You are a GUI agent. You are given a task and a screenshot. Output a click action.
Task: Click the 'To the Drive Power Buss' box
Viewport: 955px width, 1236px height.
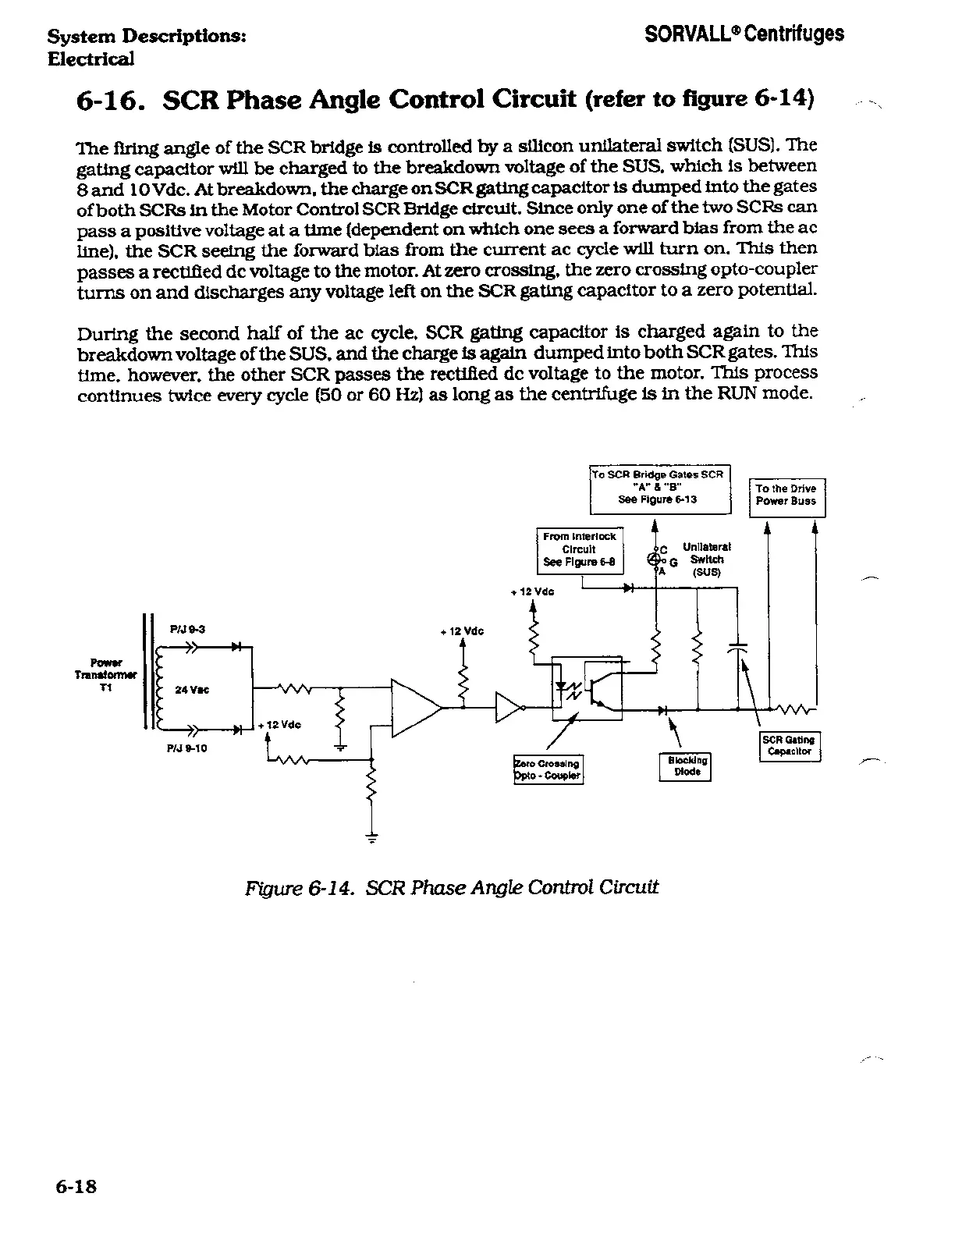click(x=786, y=495)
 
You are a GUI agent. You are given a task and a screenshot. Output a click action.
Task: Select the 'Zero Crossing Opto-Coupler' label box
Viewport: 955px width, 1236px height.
click(x=548, y=769)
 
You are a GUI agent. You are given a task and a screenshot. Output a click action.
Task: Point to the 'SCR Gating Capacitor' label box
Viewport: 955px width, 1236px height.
click(x=790, y=746)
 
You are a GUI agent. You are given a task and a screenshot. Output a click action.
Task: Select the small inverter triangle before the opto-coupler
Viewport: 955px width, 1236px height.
click(x=508, y=708)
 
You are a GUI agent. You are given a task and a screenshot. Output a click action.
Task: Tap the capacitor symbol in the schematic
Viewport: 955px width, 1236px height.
click(x=737, y=647)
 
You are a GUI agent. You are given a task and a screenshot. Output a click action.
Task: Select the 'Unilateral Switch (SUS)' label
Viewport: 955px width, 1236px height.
click(x=707, y=559)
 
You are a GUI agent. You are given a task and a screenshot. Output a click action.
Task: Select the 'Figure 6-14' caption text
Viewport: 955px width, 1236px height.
click(x=452, y=887)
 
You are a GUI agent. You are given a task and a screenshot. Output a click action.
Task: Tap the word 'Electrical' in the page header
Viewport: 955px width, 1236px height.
click(x=91, y=59)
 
